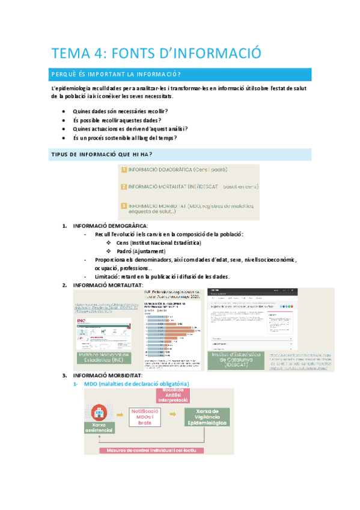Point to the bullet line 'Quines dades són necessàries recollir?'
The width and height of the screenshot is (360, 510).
pyautogui.click(x=120, y=111)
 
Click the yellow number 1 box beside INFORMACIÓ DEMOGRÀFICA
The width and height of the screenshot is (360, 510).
pyautogui.click(x=124, y=170)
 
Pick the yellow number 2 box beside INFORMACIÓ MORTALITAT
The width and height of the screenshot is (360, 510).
pyautogui.click(x=124, y=187)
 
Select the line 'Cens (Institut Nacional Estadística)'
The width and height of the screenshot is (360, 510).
pyautogui.click(x=159, y=242)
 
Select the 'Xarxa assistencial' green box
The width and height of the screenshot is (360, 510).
pyautogui.click(x=98, y=428)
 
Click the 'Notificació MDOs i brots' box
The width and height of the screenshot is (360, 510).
pyautogui.click(x=145, y=417)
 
